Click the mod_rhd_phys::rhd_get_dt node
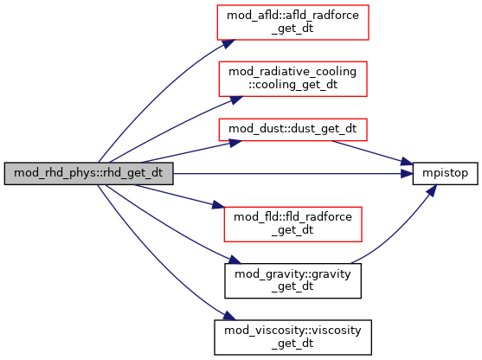coord(89,174)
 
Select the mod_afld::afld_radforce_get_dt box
coord(293,22)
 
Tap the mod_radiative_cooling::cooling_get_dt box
coord(293,79)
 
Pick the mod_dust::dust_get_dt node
coord(293,130)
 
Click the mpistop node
coord(445,174)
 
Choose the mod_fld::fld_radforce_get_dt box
coord(293,224)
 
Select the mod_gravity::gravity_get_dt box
coord(293,280)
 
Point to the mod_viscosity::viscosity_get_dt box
coord(293,337)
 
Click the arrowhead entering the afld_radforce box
coord(228,44)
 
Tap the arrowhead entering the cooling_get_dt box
coord(235,100)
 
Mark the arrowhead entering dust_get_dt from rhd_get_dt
coord(235,143)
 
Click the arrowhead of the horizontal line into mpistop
coord(407,174)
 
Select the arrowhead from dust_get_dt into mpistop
coord(407,162)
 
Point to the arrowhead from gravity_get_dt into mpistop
coord(432,190)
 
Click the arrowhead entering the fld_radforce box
coord(219,205)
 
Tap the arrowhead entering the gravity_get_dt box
coord(235,260)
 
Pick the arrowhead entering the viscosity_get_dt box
coord(229,316)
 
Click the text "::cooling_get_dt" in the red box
coord(293,85)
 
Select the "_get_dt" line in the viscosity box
coord(292,343)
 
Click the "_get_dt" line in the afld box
coord(292,29)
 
